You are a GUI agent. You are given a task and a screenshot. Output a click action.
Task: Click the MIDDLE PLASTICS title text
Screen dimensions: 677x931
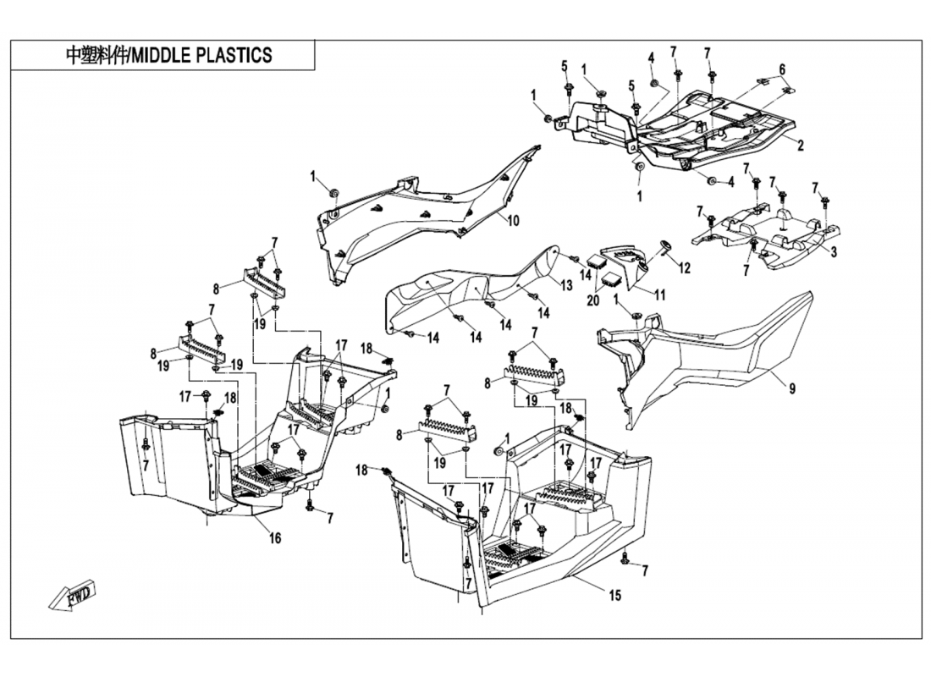point(169,56)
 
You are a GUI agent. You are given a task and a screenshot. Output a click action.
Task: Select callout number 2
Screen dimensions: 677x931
point(800,146)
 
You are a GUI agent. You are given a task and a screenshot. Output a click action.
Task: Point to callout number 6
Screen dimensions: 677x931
point(783,69)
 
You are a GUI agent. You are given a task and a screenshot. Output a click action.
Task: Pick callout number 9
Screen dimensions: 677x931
point(792,390)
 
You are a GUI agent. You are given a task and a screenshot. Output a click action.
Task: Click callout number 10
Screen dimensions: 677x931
point(513,221)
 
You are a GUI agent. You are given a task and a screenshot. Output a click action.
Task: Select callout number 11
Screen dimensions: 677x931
point(659,294)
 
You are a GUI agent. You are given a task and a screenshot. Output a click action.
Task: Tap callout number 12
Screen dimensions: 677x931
point(685,268)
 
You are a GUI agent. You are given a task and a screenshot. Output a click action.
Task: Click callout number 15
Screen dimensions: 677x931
point(615,596)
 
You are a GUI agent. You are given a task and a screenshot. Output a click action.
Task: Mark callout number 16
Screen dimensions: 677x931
point(275,538)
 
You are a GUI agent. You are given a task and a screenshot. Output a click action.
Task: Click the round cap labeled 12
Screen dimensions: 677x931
point(663,246)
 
